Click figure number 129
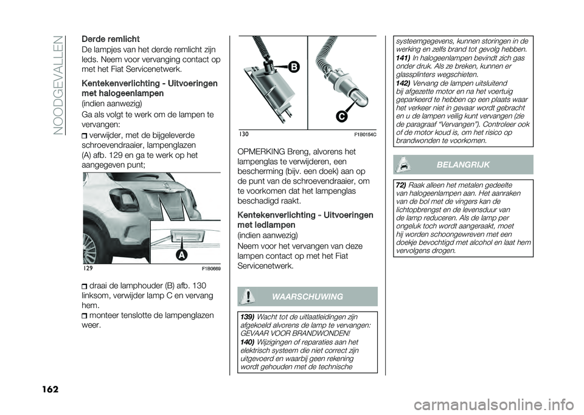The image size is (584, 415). pyautogui.click(x=89, y=268)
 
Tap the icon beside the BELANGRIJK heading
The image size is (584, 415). pyautogui.click(x=402, y=165)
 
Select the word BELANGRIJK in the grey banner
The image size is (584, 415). pyautogui.click(x=464, y=165)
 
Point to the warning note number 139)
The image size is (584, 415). pyautogui.click(x=248, y=317)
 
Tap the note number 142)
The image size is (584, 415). pyautogui.click(x=403, y=83)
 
